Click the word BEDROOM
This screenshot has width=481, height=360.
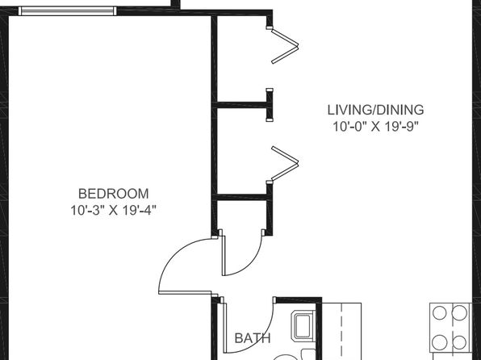114,194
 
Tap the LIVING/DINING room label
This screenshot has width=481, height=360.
376,110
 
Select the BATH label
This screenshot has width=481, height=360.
253,338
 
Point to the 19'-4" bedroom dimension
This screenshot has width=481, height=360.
139,210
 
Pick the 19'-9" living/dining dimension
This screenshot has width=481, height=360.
402,127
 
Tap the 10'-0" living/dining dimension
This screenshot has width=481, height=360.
350,127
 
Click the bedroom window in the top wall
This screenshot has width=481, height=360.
68,11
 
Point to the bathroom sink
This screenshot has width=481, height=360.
303,326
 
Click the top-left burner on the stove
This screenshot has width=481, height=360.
439,313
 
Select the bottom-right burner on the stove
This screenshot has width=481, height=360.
459,342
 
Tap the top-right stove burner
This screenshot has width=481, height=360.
459,313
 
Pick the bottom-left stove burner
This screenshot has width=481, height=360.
439,342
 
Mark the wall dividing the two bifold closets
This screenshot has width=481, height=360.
242,105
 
